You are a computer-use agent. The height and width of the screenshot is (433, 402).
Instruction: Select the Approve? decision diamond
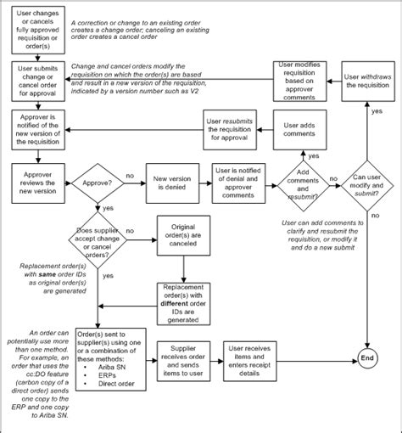(98, 181)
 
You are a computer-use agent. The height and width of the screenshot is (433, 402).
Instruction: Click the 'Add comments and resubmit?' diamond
(303, 182)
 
